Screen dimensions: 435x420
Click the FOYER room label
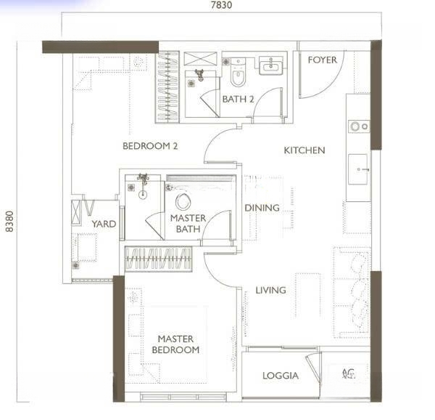click(x=322, y=60)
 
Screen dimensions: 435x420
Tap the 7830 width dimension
click(x=221, y=5)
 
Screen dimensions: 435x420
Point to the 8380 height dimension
click(x=9, y=221)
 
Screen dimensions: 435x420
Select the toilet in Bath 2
click(x=238, y=72)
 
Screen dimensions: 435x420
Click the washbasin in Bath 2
click(x=271, y=65)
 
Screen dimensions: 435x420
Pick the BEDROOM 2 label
click(x=150, y=146)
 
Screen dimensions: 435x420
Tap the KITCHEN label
click(x=304, y=150)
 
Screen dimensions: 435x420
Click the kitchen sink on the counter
click(x=358, y=169)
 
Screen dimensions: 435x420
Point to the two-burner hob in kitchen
click(x=359, y=126)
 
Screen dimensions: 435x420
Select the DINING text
click(x=262, y=208)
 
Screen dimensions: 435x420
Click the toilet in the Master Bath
click(x=183, y=201)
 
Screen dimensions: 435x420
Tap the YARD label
click(x=104, y=224)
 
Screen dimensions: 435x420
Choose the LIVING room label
click(x=270, y=290)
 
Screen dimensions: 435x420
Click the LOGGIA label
click(x=281, y=376)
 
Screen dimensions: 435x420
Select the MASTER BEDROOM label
click(x=175, y=344)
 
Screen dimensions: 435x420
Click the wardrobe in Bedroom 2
click(x=167, y=87)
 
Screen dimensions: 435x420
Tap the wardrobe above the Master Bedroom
click(x=158, y=259)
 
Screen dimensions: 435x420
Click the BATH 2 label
click(x=238, y=100)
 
